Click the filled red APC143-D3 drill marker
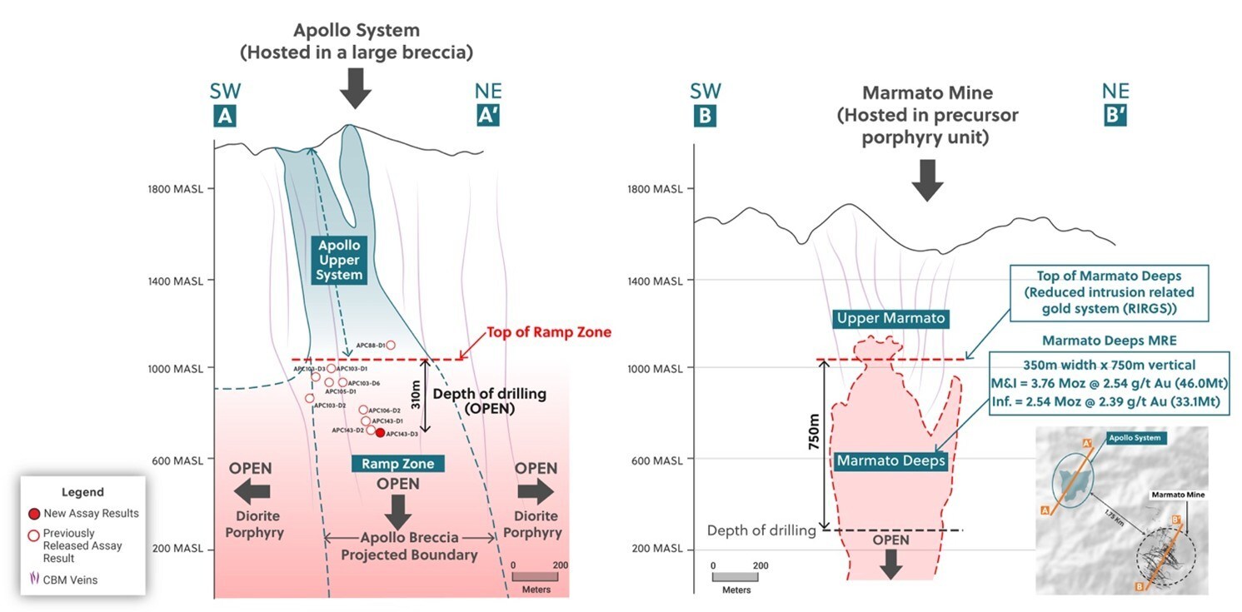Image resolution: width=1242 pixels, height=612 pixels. pos(380,433)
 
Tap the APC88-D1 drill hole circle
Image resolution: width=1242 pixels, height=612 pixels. pos(390,345)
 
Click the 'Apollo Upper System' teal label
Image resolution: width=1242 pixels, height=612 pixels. pos(339,260)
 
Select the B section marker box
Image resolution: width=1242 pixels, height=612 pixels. pos(705,117)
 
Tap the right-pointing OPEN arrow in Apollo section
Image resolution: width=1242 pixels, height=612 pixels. pos(535,492)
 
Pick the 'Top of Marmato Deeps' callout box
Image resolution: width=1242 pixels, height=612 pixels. pos(1103,293)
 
